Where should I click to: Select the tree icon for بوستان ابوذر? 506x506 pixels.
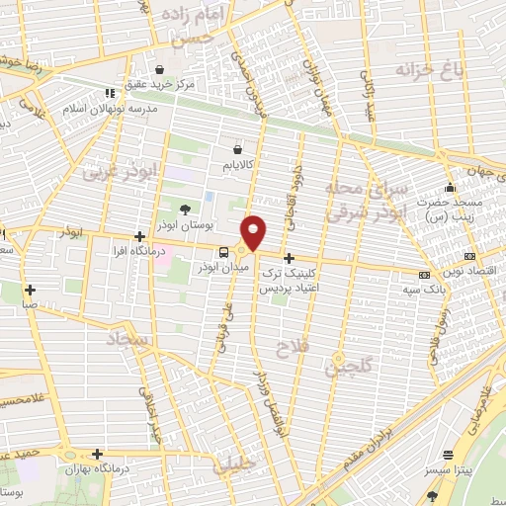click(185, 208)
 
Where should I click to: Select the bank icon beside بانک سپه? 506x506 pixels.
click(424, 274)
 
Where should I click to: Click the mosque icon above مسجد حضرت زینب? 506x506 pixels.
click(450, 188)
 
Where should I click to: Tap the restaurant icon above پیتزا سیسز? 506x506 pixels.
click(449, 455)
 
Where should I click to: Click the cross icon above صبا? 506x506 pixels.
click(31, 290)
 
